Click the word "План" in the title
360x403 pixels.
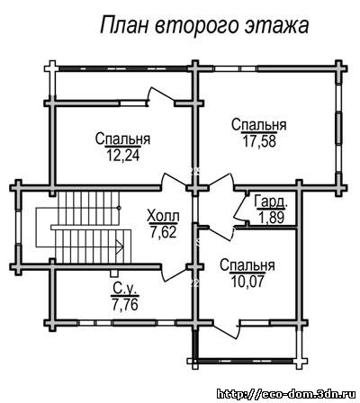[x=124, y=24]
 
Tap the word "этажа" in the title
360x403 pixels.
[x=277, y=26]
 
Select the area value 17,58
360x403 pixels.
[x=259, y=141]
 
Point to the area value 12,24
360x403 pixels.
[x=123, y=156]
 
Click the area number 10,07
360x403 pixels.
[x=247, y=282]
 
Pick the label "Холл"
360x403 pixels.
[x=164, y=216]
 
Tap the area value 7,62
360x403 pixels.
[x=164, y=232]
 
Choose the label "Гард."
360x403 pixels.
[x=271, y=201]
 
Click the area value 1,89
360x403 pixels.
[x=272, y=218]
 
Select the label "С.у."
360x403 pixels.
[x=125, y=289]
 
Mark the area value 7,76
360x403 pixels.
[x=125, y=304]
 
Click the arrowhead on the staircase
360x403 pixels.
[x=120, y=246]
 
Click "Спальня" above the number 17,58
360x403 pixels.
[x=259, y=125]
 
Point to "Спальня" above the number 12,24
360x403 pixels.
[x=123, y=139]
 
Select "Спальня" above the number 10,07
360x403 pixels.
[x=247, y=265]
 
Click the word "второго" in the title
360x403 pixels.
[x=197, y=26]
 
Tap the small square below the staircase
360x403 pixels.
[x=113, y=273]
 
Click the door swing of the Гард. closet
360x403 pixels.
[x=241, y=207]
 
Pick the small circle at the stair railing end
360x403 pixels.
[x=119, y=208]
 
